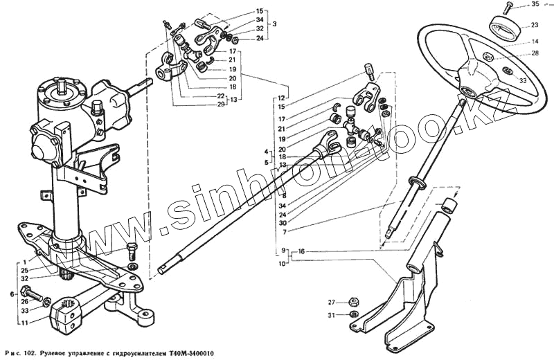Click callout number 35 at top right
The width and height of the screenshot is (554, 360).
coord(535,6)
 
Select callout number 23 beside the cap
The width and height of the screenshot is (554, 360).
coord(535,26)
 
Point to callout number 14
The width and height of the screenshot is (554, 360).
coord(535,42)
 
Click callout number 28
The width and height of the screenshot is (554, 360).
coord(535,53)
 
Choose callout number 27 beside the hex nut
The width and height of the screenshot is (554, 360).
coord(332,303)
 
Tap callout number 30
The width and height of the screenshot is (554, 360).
coord(283,222)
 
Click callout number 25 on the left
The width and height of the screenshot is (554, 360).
coord(26,270)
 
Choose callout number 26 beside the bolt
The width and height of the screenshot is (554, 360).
coord(26,301)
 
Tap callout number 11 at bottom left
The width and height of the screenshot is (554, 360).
coord(26,323)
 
